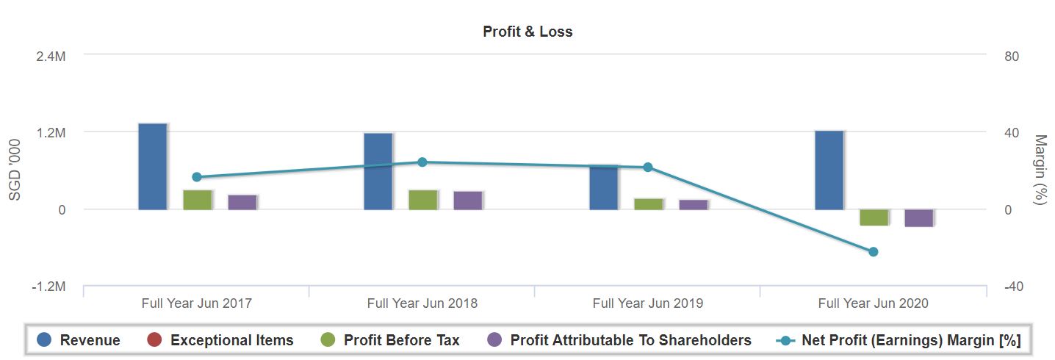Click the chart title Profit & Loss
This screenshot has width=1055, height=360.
[527, 32]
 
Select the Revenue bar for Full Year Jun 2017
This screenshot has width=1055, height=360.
[153, 167]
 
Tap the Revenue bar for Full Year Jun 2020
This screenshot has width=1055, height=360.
[829, 170]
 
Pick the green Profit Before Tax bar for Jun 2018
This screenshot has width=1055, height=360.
[423, 200]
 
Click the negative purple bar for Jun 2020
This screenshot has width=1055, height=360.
[919, 217]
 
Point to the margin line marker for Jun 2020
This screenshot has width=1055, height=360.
[874, 252]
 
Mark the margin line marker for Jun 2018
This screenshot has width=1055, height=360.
[422, 162]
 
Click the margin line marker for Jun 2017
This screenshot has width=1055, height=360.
[196, 177]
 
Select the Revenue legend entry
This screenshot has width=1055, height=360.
[79, 340]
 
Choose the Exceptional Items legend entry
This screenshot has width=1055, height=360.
[220, 340]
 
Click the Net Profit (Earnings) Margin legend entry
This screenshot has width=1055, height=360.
[900, 340]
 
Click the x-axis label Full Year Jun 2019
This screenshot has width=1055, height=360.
[647, 303]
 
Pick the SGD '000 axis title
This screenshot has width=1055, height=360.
[15, 170]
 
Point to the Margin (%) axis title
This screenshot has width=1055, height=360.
[1040, 170]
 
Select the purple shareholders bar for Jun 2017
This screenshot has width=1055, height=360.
[242, 202]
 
